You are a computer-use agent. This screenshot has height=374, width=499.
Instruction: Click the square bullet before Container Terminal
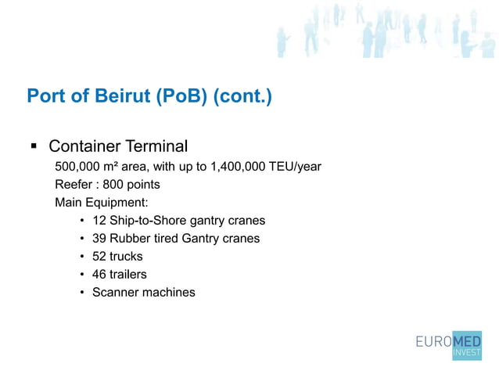[x=34, y=146]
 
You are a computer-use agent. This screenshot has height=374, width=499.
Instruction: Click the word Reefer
[x=74, y=185]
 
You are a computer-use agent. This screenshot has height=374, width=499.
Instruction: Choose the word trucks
[x=126, y=257]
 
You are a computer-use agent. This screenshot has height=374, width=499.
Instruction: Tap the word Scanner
[x=116, y=293]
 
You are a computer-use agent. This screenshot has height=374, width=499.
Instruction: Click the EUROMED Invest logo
[x=448, y=345]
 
